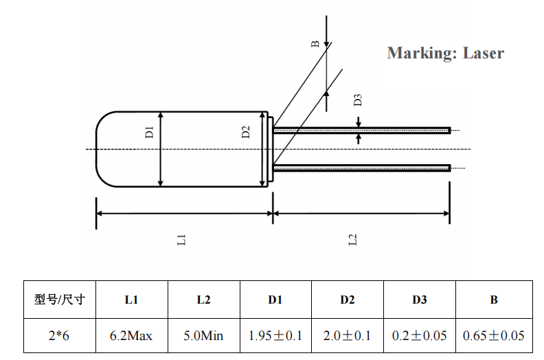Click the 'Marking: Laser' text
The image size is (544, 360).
click(x=445, y=53)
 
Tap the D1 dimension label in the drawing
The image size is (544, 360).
click(x=150, y=132)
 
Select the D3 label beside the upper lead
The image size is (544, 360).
click(x=357, y=100)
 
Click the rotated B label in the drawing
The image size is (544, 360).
click(x=315, y=44)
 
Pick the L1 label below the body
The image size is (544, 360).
click(x=182, y=240)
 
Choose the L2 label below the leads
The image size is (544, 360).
click(x=353, y=240)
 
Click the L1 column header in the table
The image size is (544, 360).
click(x=131, y=300)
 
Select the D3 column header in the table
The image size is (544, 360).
click(x=419, y=300)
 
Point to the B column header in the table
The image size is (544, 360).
click(x=493, y=300)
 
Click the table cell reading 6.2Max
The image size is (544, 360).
click(x=131, y=336)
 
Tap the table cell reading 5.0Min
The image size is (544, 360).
click(x=203, y=336)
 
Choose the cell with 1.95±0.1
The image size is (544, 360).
click(x=275, y=336)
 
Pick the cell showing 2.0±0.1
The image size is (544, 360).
click(x=347, y=336)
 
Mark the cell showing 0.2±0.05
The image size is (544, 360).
click(x=419, y=336)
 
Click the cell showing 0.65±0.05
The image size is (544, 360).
click(x=493, y=336)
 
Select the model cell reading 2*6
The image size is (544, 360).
click(x=59, y=336)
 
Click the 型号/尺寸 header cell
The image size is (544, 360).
click(x=59, y=300)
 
